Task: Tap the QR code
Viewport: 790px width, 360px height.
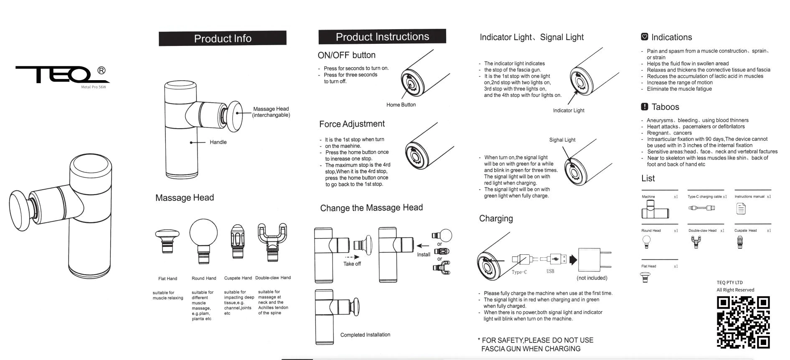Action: (743, 322)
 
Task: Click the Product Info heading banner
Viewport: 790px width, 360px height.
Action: (222, 38)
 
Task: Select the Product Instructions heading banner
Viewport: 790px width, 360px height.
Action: (382, 37)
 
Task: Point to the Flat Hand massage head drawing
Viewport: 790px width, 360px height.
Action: (167, 241)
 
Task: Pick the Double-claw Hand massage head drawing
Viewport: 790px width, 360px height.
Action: (272, 241)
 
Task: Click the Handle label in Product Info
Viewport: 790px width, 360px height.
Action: (218, 142)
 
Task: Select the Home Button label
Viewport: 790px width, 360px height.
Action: (401, 105)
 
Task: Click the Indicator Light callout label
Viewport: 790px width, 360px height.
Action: (568, 111)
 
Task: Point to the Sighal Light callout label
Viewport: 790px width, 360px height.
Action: (562, 140)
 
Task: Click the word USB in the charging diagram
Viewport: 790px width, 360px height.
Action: (550, 271)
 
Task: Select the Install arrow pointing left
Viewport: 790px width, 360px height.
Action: (423, 246)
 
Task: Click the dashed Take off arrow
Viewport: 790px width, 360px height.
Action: (352, 257)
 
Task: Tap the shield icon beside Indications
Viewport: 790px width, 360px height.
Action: (644, 37)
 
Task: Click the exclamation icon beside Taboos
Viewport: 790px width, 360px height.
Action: (644, 106)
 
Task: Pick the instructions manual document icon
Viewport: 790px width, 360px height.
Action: (741, 208)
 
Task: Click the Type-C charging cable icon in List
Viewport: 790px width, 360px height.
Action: (701, 208)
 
